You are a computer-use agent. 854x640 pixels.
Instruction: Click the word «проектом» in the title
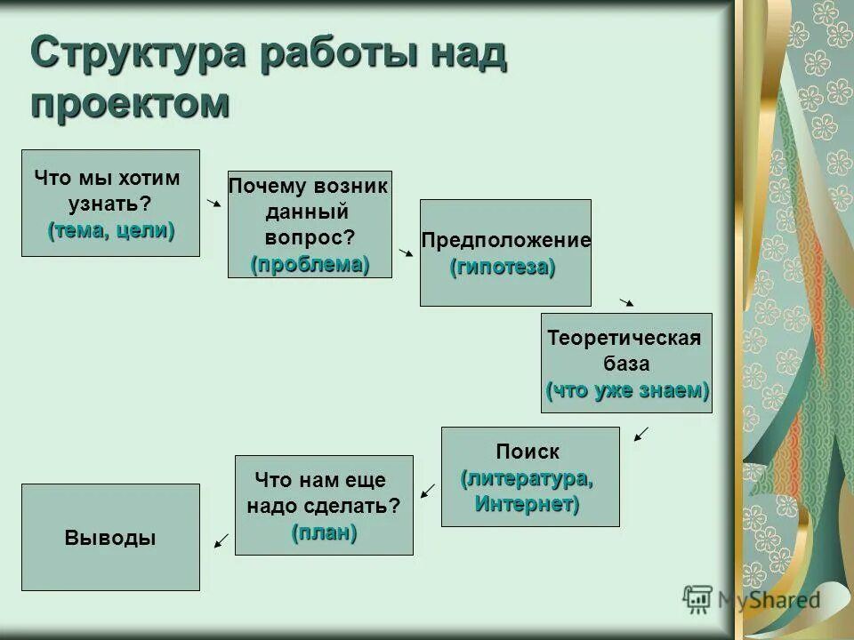tap(130, 102)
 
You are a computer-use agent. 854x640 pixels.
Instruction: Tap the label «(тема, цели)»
tap(111, 230)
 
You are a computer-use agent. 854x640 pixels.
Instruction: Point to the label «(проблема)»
tap(310, 264)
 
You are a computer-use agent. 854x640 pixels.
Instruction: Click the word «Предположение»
tap(505, 240)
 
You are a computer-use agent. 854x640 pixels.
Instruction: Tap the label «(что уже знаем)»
tap(627, 390)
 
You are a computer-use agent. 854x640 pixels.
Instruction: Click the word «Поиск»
tap(528, 452)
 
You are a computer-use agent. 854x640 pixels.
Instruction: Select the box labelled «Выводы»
tap(110, 537)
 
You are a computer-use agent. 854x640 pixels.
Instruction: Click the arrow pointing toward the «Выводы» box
tap(222, 540)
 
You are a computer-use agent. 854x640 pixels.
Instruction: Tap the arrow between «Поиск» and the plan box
tap(427, 491)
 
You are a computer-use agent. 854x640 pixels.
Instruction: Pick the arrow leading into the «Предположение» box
tap(406, 253)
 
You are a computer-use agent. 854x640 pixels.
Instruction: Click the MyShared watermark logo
tap(752, 599)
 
